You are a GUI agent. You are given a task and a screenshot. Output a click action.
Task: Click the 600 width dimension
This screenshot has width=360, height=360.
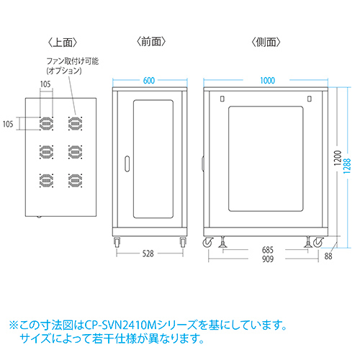coord(149,81)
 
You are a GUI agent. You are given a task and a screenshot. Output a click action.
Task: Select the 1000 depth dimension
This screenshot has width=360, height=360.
coord(267,81)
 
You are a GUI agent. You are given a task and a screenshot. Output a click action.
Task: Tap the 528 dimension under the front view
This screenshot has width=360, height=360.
coord(148,253)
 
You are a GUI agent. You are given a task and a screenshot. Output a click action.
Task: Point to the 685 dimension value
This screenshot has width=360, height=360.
coord(267,250)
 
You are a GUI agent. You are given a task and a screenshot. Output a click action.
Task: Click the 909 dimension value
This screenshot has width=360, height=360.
coord(268,259)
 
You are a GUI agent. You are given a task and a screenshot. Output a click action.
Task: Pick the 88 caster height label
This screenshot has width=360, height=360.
coord(328,256)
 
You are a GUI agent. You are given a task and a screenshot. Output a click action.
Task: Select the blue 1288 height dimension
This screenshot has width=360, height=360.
coord(347,166)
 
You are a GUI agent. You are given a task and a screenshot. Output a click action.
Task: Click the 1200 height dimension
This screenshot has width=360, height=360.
coord(338,158)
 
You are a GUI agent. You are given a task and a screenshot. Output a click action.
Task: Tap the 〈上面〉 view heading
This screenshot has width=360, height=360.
coord(63,42)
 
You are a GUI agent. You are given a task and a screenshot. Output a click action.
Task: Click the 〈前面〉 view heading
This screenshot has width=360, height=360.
coord(151,42)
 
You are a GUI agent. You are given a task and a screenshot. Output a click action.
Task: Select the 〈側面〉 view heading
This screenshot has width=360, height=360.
coord(266,42)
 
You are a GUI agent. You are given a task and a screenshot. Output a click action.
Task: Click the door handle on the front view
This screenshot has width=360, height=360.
coord(127,164)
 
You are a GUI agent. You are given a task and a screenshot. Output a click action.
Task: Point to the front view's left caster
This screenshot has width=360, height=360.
coord(117,242)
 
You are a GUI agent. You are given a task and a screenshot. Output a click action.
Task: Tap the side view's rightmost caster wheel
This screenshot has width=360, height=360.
coord(318,243)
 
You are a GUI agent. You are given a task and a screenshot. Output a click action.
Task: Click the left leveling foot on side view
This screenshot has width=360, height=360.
coord(222,242)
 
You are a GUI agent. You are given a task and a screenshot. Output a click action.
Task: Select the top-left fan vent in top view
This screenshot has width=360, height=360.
coord(46,123)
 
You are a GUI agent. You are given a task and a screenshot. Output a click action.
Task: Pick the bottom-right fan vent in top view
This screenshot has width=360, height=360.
coord(75,181)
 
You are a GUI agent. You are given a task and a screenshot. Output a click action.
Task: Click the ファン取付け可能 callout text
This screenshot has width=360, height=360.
coord(73,61)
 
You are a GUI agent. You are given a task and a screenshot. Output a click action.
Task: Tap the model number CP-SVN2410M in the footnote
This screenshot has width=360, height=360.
coord(120,325)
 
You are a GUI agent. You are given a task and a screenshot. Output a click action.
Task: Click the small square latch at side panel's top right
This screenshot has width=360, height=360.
coord(310,99)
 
